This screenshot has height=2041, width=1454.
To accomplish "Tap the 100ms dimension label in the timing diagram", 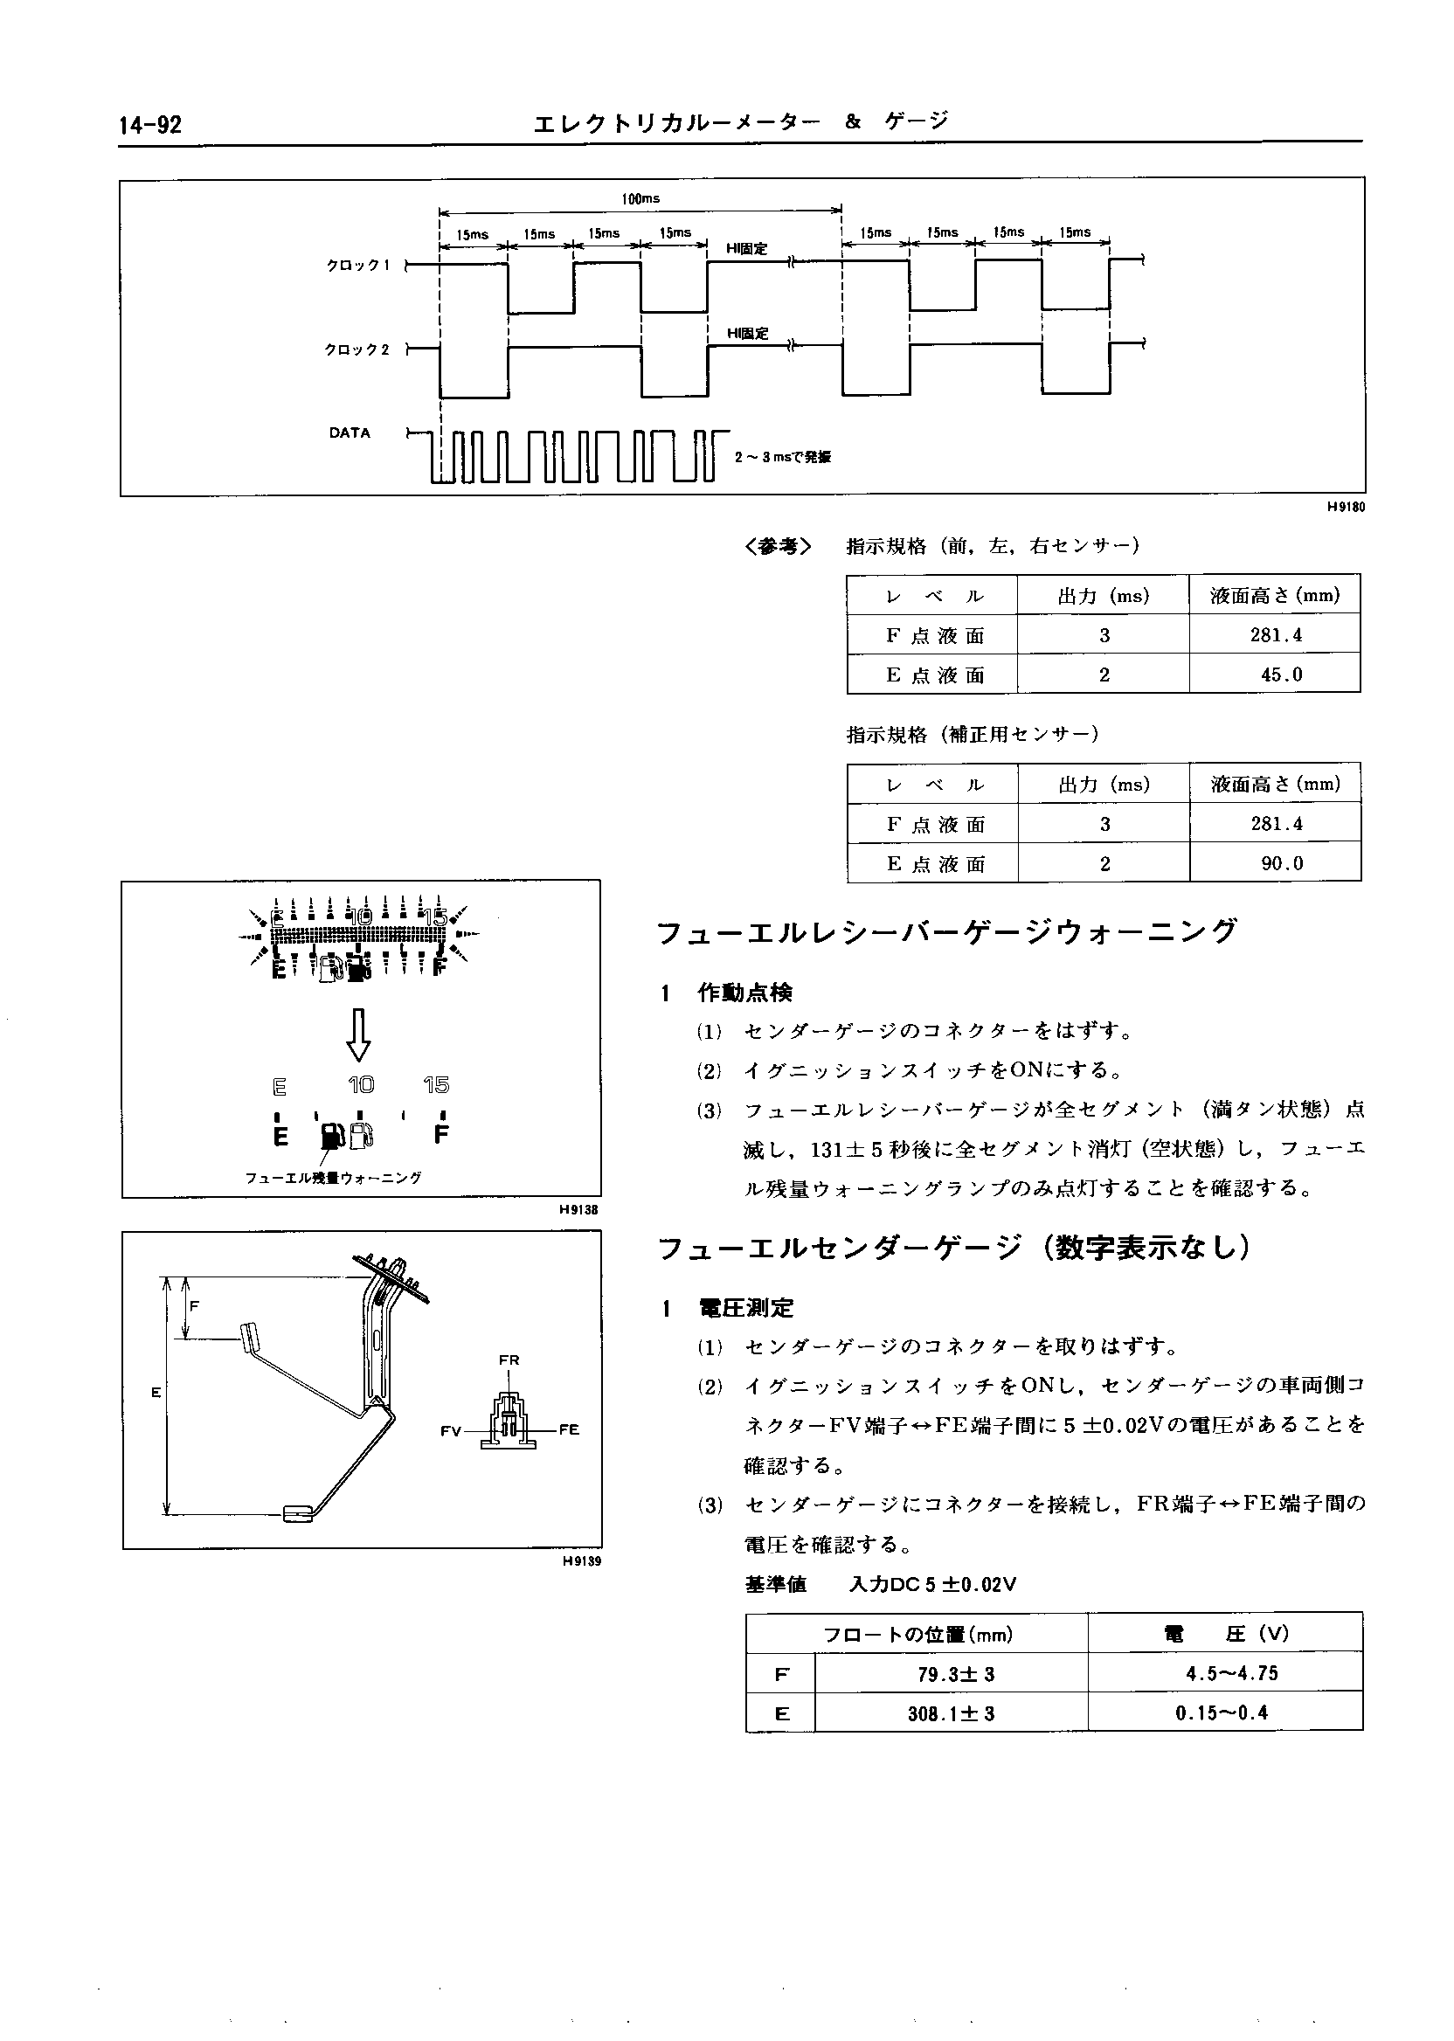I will click(640, 198).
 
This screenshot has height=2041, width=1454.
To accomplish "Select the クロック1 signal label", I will click(358, 265).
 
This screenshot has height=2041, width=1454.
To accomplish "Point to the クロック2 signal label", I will click(357, 349).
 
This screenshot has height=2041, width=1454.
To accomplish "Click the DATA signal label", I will click(350, 432).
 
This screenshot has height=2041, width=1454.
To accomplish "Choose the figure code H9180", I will click(1346, 507).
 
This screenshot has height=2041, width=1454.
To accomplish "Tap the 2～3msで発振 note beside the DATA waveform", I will click(783, 457).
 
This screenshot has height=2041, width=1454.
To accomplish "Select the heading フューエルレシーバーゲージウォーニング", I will click(947, 933).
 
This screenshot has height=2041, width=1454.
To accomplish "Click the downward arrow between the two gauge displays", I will click(360, 1034).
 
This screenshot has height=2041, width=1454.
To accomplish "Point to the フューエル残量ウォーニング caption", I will click(333, 1178).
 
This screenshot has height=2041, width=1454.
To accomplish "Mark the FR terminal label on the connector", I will click(509, 1360).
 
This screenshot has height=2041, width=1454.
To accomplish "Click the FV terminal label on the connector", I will click(450, 1430).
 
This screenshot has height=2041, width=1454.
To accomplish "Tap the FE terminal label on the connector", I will click(570, 1429).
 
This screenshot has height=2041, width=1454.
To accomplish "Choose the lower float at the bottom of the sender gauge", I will click(297, 1515).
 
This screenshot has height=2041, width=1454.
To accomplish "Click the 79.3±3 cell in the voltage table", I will click(951, 1674).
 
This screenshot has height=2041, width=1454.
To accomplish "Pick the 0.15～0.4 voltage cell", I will click(1222, 1713).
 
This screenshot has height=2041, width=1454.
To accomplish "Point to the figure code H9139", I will click(582, 1561).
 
